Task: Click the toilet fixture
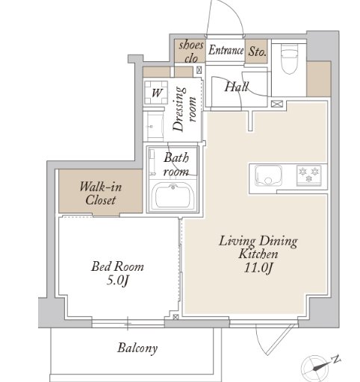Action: [x=289, y=58]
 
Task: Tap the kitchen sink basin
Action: [x=268, y=175]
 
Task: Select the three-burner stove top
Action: [x=308, y=175]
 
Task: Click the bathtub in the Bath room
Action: [x=175, y=195]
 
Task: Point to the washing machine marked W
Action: [x=156, y=93]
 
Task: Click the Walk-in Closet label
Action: [x=101, y=193]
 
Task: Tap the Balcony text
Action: [x=137, y=348]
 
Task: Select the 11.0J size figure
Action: [x=258, y=268]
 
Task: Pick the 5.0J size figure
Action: [x=117, y=281]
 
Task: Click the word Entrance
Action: [x=226, y=50]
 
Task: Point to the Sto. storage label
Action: [x=257, y=51]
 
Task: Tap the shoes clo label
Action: [x=191, y=51]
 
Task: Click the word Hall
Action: [x=236, y=87]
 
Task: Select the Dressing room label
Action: [x=184, y=109]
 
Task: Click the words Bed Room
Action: [x=117, y=266]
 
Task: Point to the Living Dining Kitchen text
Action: [x=258, y=248]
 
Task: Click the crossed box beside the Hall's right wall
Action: [x=276, y=104]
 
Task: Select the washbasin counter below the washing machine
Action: [x=155, y=126]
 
